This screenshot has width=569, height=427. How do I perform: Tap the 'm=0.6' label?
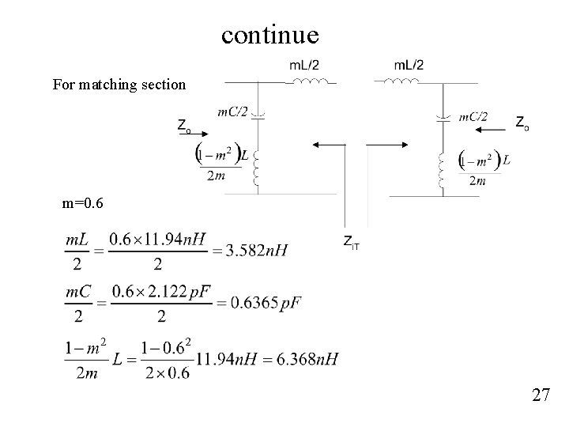pos(81,204)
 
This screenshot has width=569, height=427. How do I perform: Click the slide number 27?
pos(541,395)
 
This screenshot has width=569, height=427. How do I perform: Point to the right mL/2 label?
pos(408,64)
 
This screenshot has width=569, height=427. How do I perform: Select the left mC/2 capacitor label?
pos(232,112)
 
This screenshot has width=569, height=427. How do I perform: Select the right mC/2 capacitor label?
pos(473,116)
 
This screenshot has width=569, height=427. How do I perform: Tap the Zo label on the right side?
pos(522,122)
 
